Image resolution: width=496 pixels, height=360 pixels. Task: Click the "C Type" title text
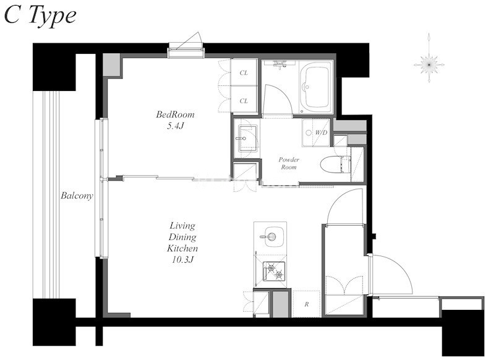[40, 17]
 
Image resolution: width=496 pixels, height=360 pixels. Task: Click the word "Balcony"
[77, 196]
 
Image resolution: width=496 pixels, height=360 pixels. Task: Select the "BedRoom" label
[175, 114]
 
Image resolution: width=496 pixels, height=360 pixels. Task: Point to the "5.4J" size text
[175, 126]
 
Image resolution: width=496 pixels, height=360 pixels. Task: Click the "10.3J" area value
[182, 260]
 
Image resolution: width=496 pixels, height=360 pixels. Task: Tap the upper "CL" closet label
[244, 73]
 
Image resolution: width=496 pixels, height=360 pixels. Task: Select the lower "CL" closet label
[244, 101]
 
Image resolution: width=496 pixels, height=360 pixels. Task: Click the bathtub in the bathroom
[315, 87]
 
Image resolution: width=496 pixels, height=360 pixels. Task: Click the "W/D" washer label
[321, 133]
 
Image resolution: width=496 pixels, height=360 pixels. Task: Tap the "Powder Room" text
[289, 163]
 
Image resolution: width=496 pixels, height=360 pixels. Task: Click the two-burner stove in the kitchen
[274, 271]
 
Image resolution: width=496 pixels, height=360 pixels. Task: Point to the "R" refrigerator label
[307, 304]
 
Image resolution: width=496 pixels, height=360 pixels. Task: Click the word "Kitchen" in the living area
[182, 248]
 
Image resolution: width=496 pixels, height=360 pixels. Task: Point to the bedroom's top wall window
[186, 53]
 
